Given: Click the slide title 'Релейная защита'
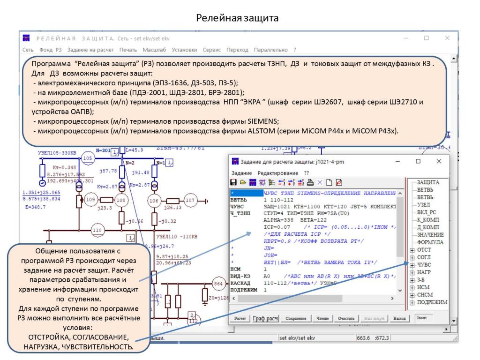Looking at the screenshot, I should [240, 18].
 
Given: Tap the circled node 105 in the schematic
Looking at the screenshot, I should [87, 159].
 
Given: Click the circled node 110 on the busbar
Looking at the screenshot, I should [97, 230].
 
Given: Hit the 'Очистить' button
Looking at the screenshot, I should [346, 318].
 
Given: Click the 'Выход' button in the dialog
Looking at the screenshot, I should [399, 318].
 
